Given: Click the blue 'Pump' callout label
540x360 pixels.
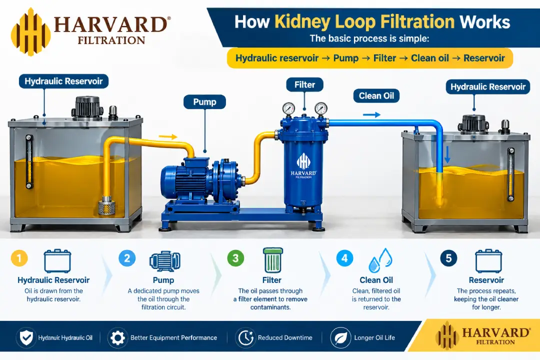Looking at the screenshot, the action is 204,102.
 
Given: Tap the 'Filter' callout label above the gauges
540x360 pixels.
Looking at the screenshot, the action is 304,84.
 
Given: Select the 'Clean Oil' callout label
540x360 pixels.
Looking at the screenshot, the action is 376,96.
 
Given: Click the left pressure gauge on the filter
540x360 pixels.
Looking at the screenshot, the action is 288,108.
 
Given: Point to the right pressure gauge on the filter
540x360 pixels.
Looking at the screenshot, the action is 321,108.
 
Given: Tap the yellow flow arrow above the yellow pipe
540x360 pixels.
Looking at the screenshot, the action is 168,137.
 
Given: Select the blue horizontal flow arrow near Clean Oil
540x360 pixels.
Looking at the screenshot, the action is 371,114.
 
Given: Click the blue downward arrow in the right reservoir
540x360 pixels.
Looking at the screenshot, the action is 447,154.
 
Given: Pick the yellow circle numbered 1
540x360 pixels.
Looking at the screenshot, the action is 19,258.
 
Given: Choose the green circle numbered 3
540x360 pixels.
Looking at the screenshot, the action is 236,258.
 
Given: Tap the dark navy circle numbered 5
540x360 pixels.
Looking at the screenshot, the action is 448,258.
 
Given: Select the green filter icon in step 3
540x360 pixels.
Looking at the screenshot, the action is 273,260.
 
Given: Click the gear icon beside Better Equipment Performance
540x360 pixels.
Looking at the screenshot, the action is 117,338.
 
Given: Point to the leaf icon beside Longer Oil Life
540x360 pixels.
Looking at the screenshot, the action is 340,338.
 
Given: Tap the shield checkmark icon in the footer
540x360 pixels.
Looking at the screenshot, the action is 26,338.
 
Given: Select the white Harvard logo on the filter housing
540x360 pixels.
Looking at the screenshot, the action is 303,165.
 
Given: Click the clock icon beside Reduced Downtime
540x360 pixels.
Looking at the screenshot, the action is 245,338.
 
